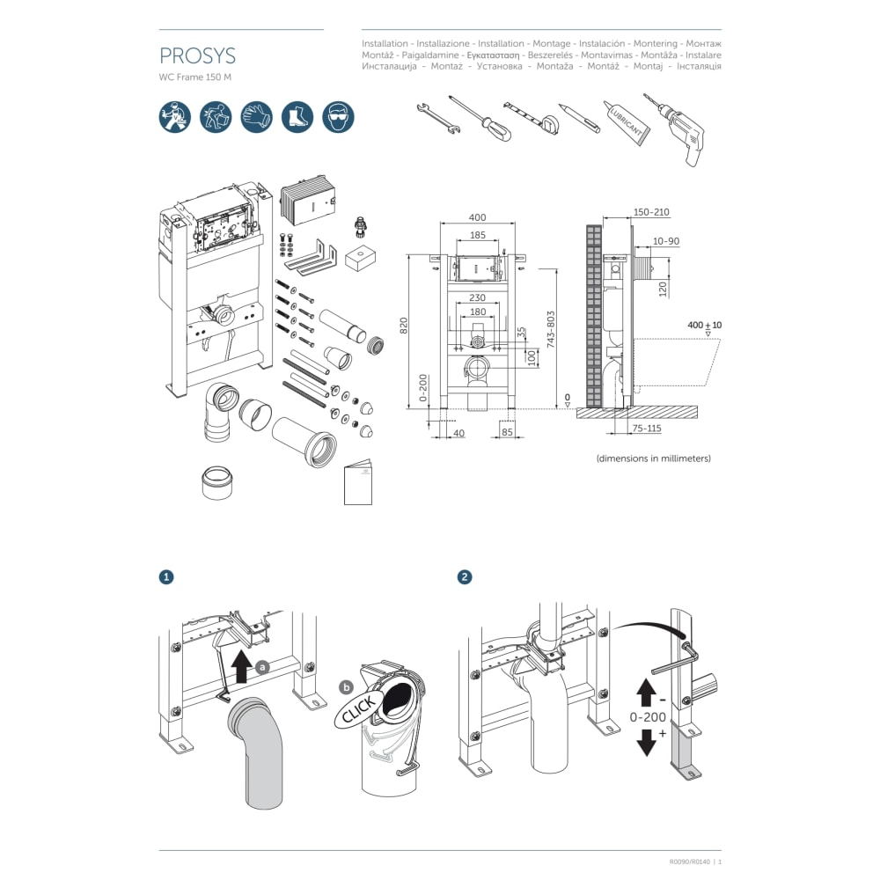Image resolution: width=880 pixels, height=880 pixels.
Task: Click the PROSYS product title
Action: coord(197,56)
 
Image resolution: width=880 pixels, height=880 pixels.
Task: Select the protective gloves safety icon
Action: coord(256,116)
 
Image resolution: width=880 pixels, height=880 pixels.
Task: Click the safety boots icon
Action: coord(297,116)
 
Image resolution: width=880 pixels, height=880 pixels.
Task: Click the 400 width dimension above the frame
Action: coord(477,217)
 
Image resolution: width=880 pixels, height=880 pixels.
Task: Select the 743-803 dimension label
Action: coord(551,329)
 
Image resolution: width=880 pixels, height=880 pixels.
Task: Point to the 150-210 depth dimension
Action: coord(651,212)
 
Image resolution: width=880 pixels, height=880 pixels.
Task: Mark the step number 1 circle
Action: coord(165,577)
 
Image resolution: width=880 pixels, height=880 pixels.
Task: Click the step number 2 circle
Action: coord(465,577)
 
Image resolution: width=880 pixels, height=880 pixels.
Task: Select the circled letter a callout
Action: coord(262,667)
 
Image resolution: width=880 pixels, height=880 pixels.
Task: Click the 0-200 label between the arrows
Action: coord(649,716)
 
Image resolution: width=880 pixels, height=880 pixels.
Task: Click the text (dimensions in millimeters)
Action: coord(653,458)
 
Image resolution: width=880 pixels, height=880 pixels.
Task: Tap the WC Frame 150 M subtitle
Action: coord(195,77)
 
